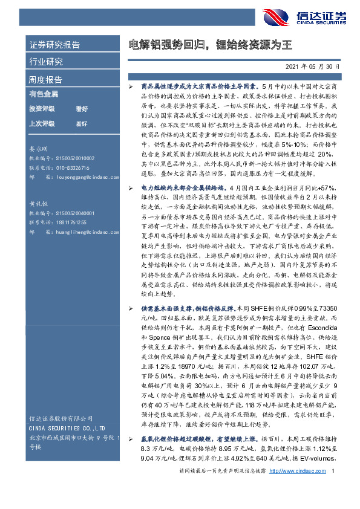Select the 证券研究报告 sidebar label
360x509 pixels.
point(54,45)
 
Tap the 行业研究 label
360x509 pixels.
point(45,62)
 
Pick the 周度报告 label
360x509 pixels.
point(45,79)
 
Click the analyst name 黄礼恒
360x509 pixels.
point(39,205)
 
